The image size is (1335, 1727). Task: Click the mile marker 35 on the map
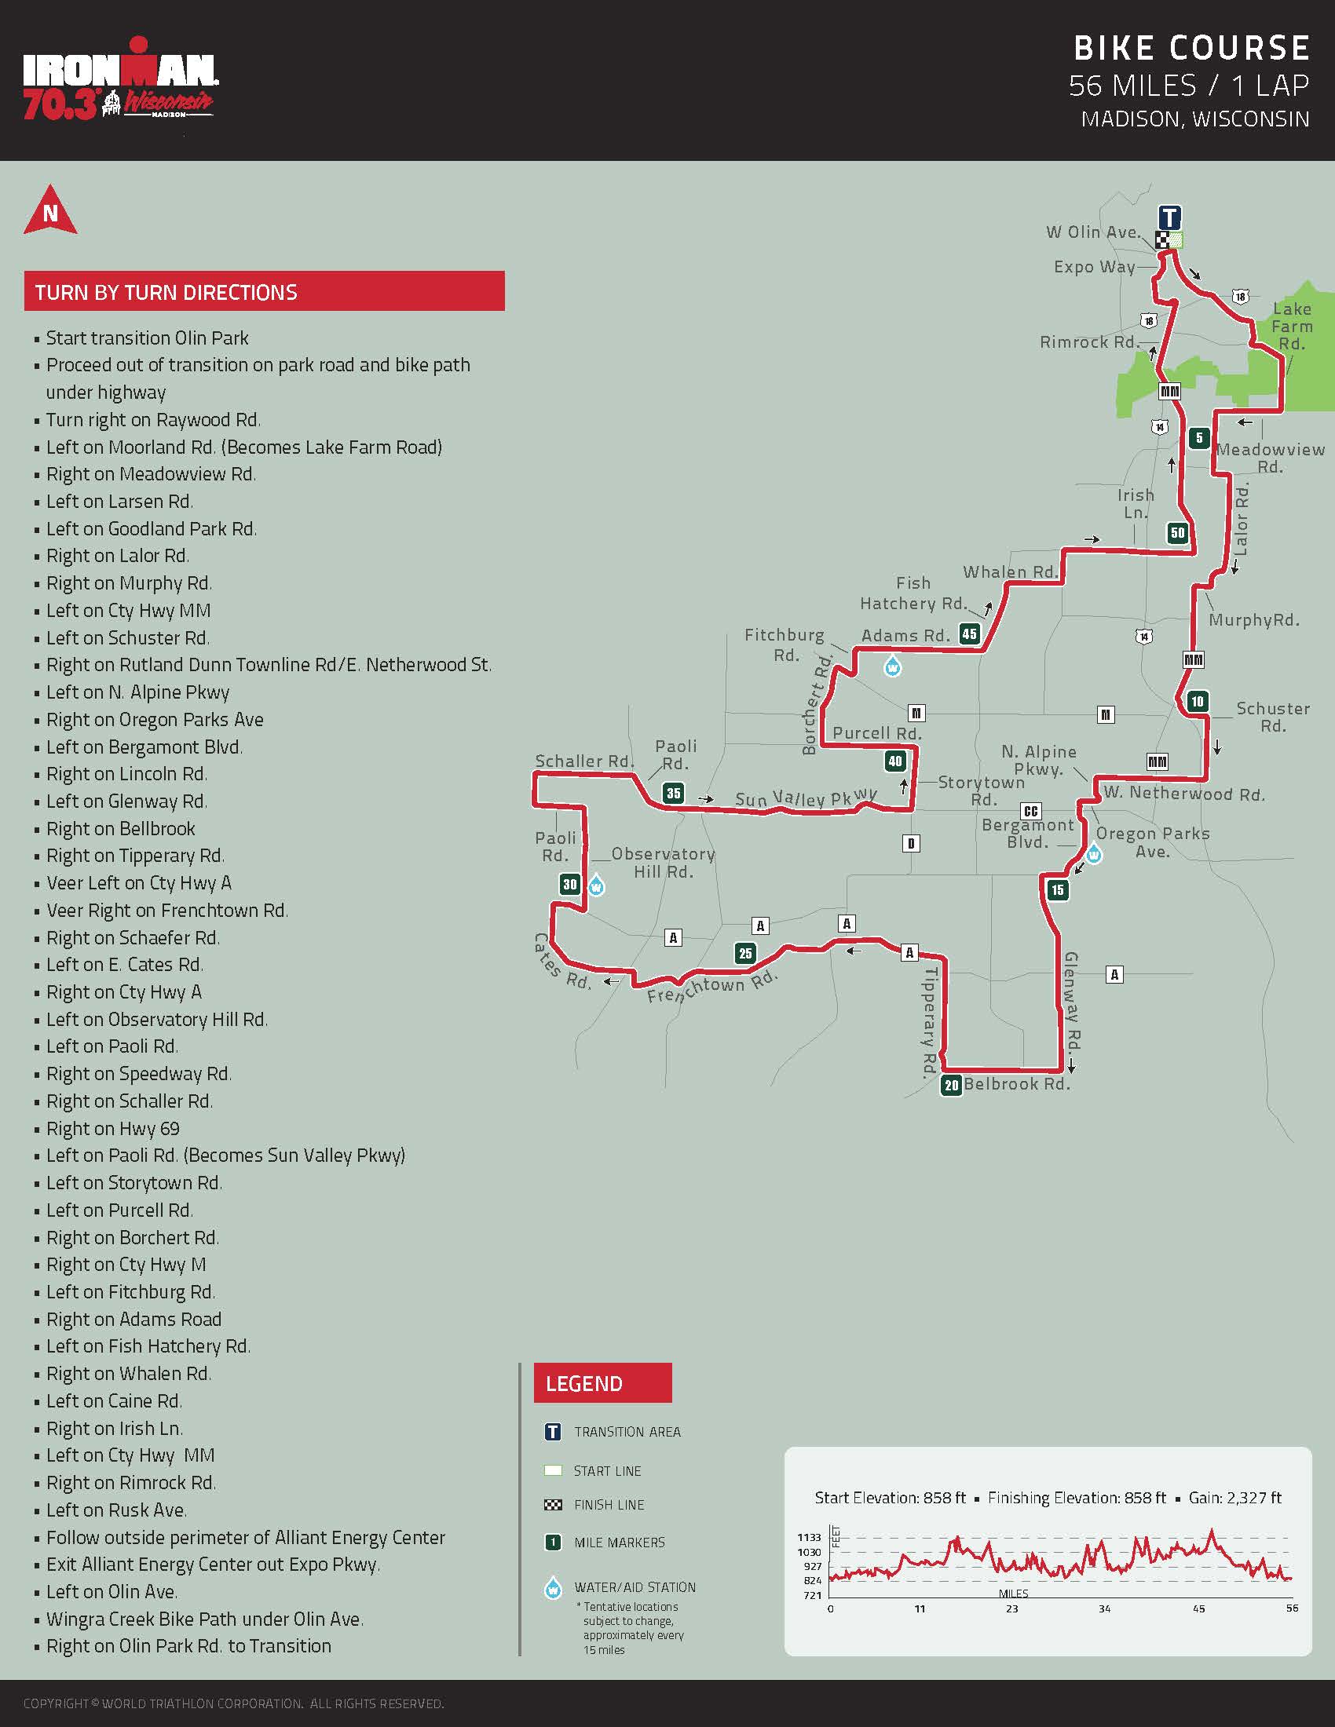tap(673, 793)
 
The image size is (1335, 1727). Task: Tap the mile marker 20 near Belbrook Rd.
tap(951, 1085)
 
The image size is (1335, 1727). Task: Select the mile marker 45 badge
tap(969, 633)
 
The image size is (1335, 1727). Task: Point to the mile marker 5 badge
tap(1199, 437)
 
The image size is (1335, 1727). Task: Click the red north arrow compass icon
tap(50, 211)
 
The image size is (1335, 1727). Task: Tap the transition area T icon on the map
tap(1170, 217)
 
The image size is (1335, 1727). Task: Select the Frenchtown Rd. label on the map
tap(711, 988)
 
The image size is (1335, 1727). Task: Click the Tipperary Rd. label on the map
tap(930, 1020)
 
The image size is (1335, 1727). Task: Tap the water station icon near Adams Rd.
tap(892, 666)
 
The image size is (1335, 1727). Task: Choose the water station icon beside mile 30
tap(596, 885)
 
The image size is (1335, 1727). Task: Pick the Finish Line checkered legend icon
tap(553, 1505)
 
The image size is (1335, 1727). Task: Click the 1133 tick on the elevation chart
tap(809, 1537)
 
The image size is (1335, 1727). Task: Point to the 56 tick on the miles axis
tap(1292, 1608)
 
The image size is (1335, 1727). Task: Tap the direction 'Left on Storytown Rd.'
tap(133, 1182)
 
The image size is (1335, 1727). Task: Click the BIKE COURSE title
tap(1191, 48)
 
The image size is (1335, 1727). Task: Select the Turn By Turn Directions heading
tap(166, 293)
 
